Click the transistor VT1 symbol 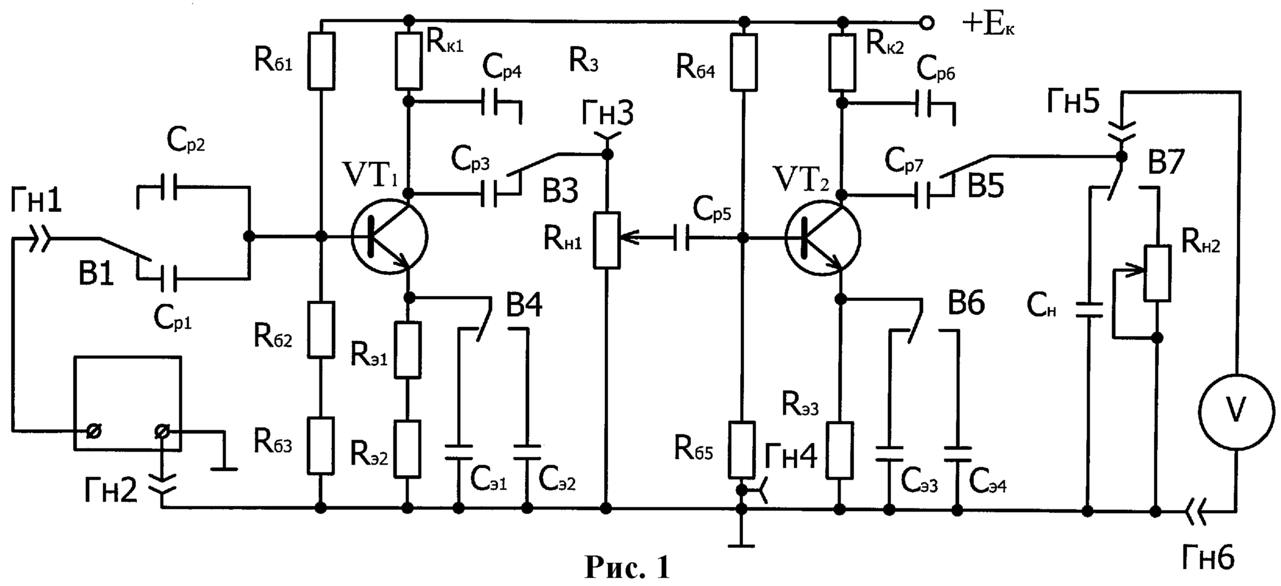tap(389, 238)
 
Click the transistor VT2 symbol tap(822, 239)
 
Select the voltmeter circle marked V tap(1236, 412)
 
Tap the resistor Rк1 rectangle tap(409, 61)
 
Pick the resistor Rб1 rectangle tap(322, 60)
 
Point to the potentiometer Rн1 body tap(607, 240)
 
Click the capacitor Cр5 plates tap(681, 238)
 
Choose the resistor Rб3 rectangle tap(321, 446)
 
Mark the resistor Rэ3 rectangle tap(840, 451)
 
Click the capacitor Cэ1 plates tap(459, 452)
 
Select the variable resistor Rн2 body tap(1157, 273)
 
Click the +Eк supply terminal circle tap(927, 23)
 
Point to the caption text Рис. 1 tap(627, 567)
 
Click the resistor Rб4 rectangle tap(744, 63)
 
